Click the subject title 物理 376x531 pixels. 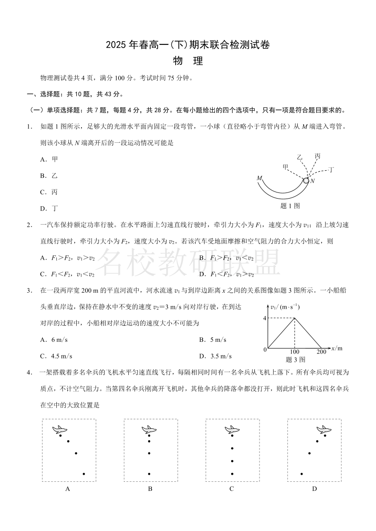[x=188, y=61]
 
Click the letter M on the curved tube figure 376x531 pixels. [x=259, y=178]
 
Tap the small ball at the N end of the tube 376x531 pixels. [x=306, y=180]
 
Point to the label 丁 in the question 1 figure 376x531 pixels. [x=331, y=169]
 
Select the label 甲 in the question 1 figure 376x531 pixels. [x=286, y=166]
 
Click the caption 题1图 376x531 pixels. [x=290, y=206]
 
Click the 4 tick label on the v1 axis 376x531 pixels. [x=265, y=318]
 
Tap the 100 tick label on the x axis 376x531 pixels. [x=295, y=352]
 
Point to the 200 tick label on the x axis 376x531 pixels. [x=322, y=352]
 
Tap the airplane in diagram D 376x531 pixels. [x=324, y=429]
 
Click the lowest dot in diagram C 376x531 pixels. [x=232, y=474]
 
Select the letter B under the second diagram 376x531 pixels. [x=150, y=489]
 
